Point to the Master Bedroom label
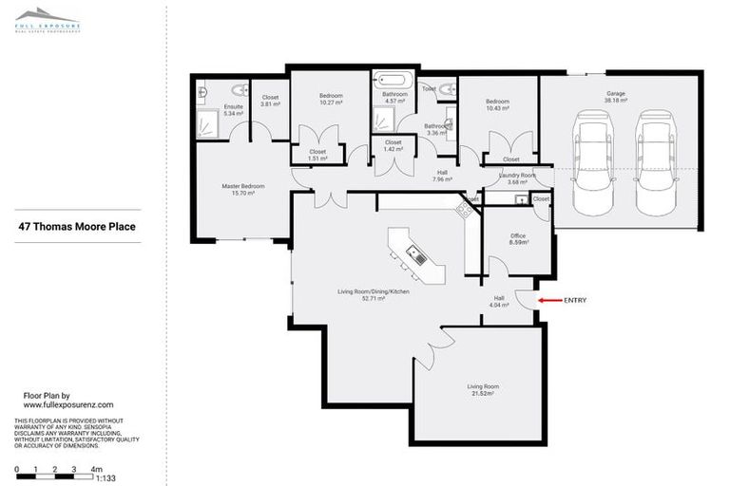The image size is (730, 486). point(243,186)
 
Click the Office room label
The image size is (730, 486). point(518,235)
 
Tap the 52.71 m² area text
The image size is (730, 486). point(375,298)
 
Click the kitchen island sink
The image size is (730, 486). point(415,253)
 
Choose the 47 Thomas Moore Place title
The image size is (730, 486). point(78,227)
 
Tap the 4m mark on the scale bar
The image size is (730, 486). point(96,469)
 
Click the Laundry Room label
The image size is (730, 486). point(518,175)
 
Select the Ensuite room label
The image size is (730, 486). point(234,106)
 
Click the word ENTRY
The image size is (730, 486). point(575,300)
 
